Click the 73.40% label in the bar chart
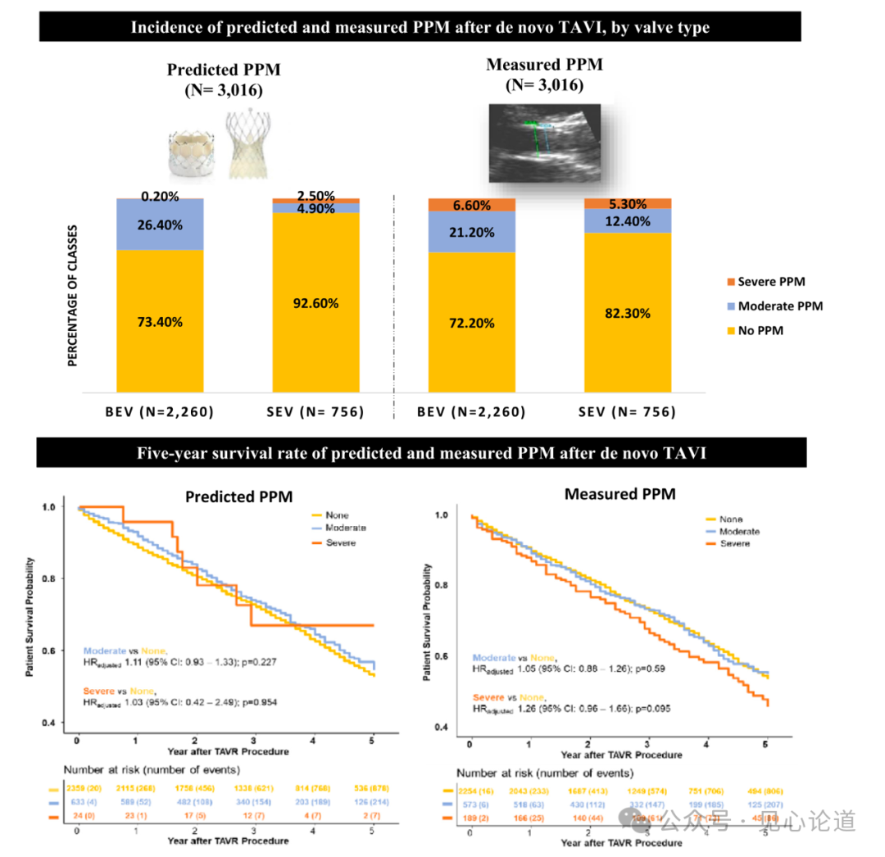point(160,322)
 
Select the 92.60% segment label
point(315,303)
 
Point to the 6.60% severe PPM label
point(472,205)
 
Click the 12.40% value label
point(627,221)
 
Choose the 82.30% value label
point(627,313)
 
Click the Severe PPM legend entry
point(771,282)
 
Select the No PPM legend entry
point(760,331)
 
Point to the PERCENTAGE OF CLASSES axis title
point(73,295)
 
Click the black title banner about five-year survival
point(422,453)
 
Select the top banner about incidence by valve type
point(420,27)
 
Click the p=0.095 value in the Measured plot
point(651,707)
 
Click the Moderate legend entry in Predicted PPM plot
point(345,528)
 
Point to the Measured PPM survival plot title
point(619,494)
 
